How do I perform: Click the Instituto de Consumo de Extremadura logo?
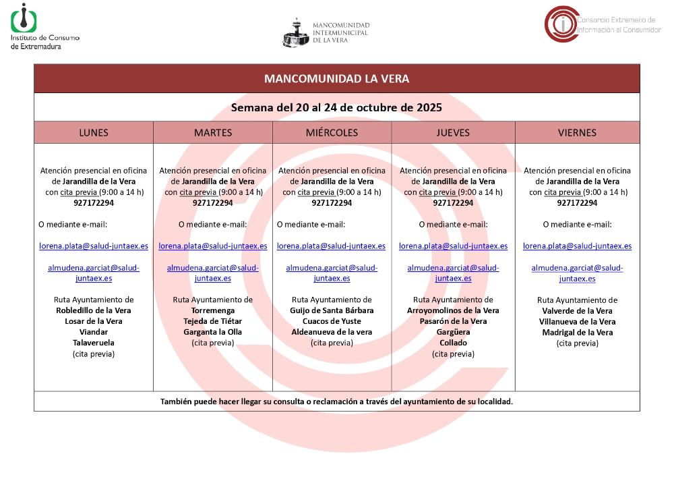[x=44, y=27]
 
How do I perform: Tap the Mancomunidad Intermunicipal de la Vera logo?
[x=326, y=32]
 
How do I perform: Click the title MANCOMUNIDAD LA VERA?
[x=336, y=79]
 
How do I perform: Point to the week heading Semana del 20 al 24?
[x=336, y=107]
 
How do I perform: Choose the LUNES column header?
[x=94, y=133]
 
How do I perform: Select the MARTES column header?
[x=213, y=133]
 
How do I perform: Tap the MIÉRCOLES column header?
[x=332, y=133]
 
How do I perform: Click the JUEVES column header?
[x=453, y=133]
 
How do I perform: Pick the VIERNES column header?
[x=577, y=133]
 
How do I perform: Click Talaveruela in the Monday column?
[x=94, y=343]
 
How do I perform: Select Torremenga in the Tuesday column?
[x=213, y=310]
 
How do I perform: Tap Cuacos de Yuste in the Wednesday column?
[x=332, y=321]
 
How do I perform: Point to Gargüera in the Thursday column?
[x=453, y=332]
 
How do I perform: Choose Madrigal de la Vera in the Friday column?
[x=577, y=332]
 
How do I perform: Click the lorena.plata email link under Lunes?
[x=94, y=246]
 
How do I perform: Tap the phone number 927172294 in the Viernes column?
[x=577, y=203]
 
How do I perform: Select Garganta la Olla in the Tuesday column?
[x=213, y=332]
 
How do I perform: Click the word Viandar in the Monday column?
[x=94, y=332]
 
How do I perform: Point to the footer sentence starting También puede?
[x=336, y=401]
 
